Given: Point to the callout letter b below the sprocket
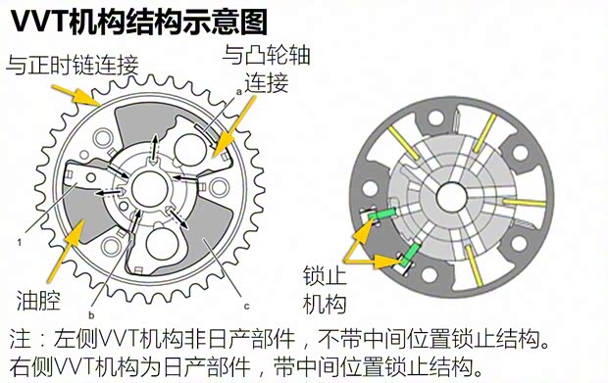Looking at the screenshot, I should pyautogui.click(x=90, y=314).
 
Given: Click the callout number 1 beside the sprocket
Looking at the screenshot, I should pyautogui.click(x=20, y=239).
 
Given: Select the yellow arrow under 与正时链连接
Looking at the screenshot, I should pyautogui.click(x=78, y=97).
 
